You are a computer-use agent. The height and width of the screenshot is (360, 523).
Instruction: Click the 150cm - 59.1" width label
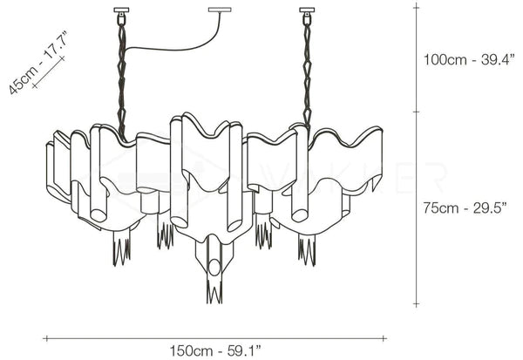pyautogui.click(x=215, y=351)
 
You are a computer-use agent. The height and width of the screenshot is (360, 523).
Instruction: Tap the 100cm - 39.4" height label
pyautogui.click(x=469, y=60)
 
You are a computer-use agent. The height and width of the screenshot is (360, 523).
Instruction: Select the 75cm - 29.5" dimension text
pyautogui.click(x=465, y=207)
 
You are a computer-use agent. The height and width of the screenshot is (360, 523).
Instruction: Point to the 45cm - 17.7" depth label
pyautogui.click(x=37, y=63)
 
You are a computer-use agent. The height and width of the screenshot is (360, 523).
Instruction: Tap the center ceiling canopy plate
pyautogui.click(x=221, y=10)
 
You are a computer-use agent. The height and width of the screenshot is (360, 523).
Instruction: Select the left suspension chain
pyautogui.click(x=121, y=77)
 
